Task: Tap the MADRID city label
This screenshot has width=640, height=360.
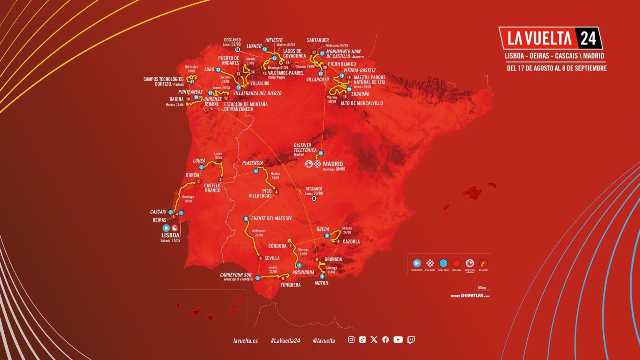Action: coord(333,164)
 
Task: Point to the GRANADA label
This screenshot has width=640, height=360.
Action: coord(333,259)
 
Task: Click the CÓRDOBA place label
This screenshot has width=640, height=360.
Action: coord(277,246)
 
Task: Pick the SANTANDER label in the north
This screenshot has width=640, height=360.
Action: coord(318,40)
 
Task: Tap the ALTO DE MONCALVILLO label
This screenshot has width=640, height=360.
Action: coord(361,103)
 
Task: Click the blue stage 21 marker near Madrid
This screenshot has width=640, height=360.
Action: coord(320,153)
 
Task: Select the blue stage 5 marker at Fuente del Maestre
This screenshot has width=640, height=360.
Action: coord(246,219)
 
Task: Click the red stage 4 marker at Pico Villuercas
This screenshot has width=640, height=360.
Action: coord(276,192)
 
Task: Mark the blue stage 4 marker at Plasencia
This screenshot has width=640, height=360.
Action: coord(256,171)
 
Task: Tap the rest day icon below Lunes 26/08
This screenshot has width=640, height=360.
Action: coord(314,198)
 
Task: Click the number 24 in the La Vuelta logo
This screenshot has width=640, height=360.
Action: coord(588,39)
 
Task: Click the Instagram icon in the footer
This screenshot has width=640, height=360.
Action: coord(351,340)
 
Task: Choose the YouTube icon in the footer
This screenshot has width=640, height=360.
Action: coord(398,340)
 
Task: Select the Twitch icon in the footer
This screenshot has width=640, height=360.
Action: coord(411,340)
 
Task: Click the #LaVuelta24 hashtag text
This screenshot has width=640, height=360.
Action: coord(285,340)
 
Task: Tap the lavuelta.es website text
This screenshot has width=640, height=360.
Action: coord(245,340)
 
